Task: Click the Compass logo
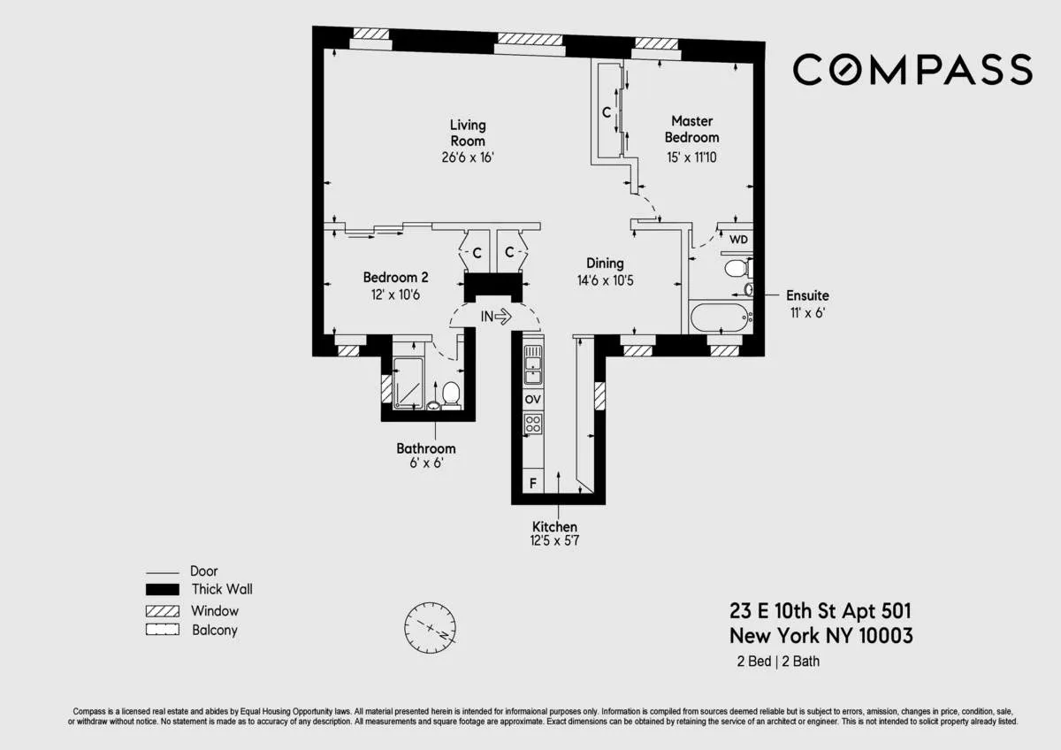[912, 69]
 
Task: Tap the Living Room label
[467, 133]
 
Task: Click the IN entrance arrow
[496, 315]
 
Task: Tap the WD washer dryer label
[737, 239]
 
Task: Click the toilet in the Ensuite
[736, 268]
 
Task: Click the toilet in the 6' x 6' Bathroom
[451, 393]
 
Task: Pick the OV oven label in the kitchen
[532, 400]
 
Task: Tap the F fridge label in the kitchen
[532, 484]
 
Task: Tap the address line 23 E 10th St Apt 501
[820, 610]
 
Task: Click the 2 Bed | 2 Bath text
[778, 662]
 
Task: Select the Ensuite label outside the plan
[808, 295]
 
